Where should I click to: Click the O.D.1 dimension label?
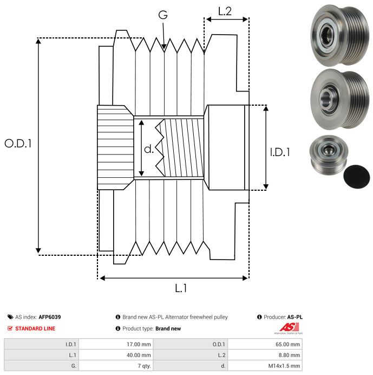(x=18, y=144)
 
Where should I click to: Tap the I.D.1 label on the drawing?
(x=279, y=153)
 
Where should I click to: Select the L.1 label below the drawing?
(x=181, y=288)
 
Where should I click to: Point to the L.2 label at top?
(x=225, y=11)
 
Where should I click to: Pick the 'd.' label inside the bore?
(x=149, y=148)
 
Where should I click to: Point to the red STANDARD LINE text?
(x=35, y=328)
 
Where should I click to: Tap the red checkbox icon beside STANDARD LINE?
(x=10, y=328)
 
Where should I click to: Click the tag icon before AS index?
(x=10, y=317)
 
